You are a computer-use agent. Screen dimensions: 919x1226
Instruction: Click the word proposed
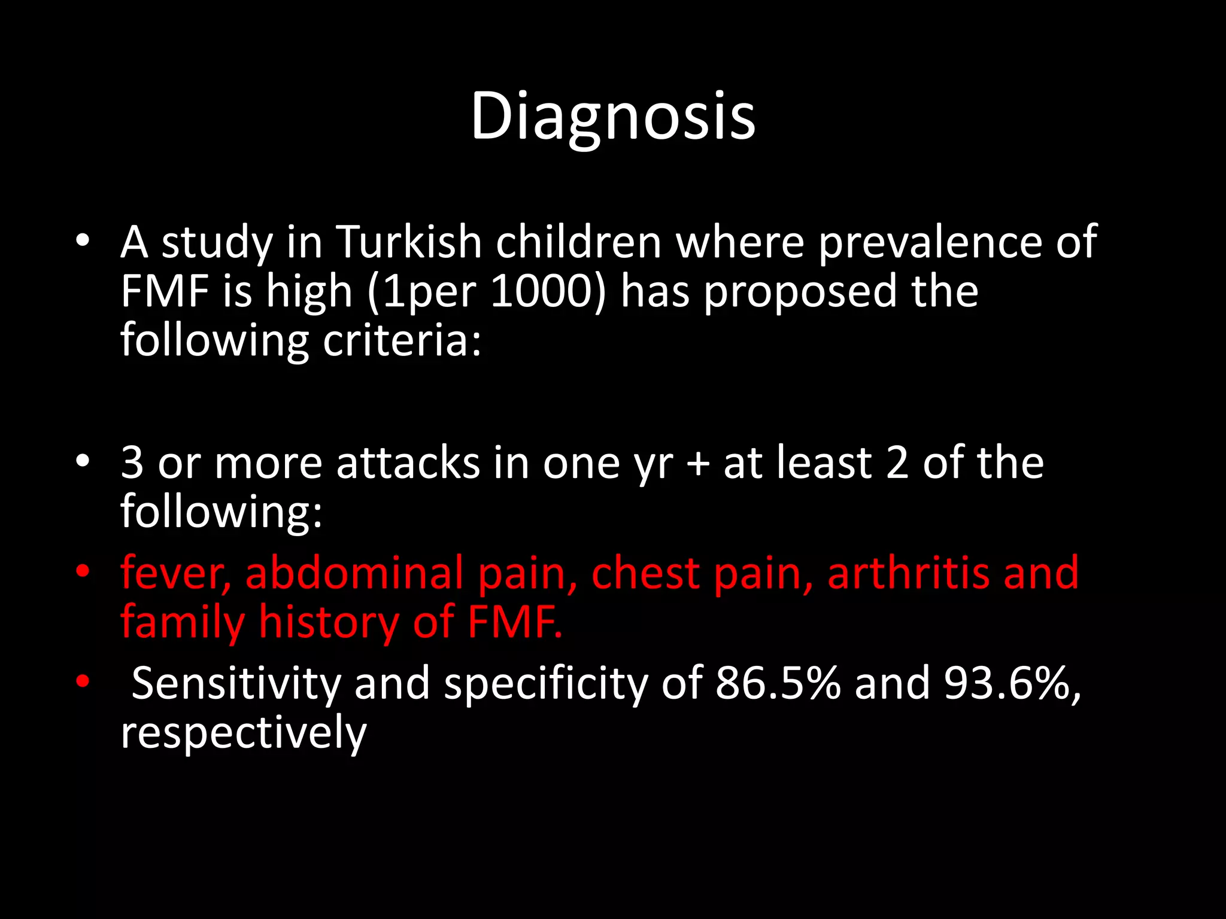pos(800,292)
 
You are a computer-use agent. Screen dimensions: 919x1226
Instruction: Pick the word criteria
pos(401,341)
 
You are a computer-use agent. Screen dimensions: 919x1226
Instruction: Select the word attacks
pos(408,463)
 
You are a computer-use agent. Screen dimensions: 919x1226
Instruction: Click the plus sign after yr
pos(698,464)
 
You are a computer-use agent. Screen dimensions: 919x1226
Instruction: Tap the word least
pos(824,463)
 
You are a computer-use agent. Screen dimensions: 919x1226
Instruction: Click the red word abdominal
pos(354,573)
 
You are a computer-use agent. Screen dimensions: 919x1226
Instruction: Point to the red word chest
pos(645,573)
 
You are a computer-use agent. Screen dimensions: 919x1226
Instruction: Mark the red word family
pos(183,623)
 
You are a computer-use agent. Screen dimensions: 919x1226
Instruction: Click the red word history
pos(329,623)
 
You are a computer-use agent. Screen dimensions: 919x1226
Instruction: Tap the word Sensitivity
pos(236,683)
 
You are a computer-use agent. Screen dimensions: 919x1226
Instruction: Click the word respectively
pos(244,733)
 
